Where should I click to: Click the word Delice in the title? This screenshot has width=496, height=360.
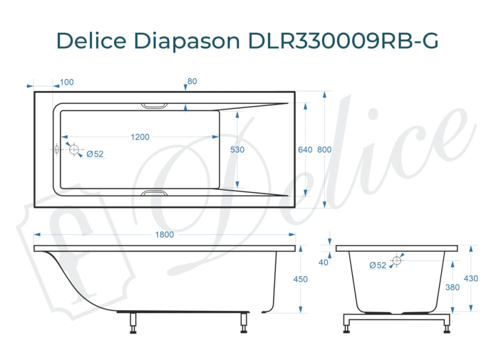91,41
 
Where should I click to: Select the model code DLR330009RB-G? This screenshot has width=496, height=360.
343,41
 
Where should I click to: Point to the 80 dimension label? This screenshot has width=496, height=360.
192,81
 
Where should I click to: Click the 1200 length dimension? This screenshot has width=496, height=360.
140,137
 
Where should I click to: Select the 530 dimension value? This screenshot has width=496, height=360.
238,150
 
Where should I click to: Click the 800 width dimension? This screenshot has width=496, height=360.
324,150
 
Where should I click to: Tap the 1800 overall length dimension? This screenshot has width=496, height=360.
165,235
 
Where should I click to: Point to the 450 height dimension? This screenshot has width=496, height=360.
301,280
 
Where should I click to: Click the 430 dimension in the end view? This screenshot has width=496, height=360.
471,279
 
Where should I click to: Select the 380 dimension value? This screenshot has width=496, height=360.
452,286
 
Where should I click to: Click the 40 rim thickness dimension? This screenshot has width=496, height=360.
323,262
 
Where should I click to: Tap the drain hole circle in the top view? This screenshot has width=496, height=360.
74,150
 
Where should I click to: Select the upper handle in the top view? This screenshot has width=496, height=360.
155,105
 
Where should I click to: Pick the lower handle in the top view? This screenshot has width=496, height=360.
155,192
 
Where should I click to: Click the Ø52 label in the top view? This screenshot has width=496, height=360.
95,154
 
